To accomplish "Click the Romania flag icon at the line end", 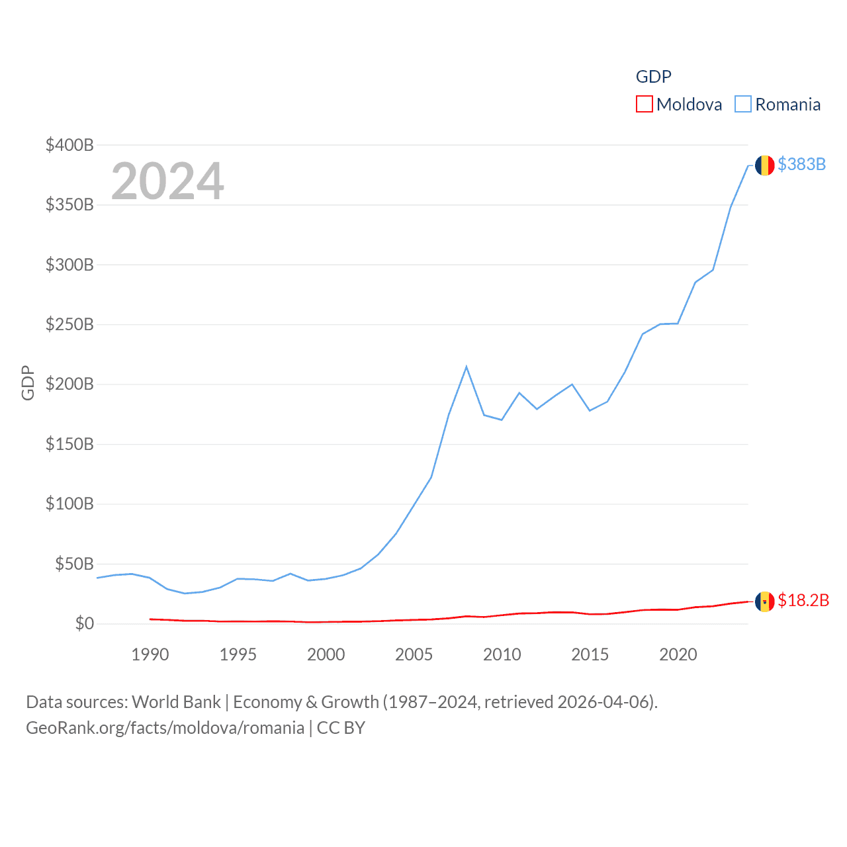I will [x=764, y=165].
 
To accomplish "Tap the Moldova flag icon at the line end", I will [x=764, y=602].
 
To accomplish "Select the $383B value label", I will [x=801, y=164].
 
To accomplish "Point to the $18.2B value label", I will [x=803, y=600].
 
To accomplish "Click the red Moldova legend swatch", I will [x=644, y=105].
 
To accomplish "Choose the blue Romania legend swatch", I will [x=743, y=105].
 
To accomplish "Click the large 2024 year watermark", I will [x=167, y=181].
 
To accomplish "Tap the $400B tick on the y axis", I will [x=69, y=145].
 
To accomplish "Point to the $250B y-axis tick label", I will [x=69, y=324].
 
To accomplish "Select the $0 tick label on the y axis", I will [x=84, y=623].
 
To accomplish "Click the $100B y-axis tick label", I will [x=69, y=504].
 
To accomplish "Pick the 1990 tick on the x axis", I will [x=150, y=654].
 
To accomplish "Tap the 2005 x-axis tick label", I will [x=414, y=654].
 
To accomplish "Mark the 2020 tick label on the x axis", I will [x=678, y=654].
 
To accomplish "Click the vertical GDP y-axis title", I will [x=28, y=382].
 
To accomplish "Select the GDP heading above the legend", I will [x=653, y=77].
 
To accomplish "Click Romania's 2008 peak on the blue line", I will [x=467, y=367].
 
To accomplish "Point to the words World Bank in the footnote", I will [x=176, y=701].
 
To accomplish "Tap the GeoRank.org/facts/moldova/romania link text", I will [x=165, y=728].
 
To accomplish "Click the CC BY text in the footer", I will [x=341, y=728].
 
